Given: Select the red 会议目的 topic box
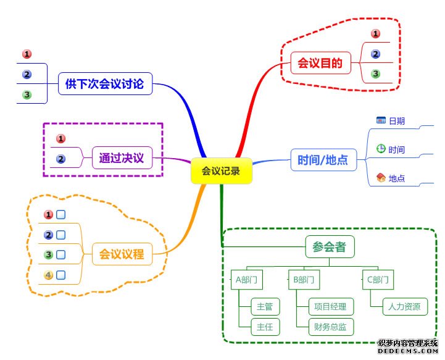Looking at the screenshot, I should coord(320,62).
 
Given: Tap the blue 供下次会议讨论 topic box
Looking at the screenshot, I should coord(104,83).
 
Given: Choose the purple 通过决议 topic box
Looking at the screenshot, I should coord(121,158).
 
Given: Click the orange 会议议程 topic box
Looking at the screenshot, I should coord(122,253).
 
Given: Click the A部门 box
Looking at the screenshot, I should coord(246,280).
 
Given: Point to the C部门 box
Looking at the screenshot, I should coord(378,280).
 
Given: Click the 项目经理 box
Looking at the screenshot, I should coord(330,306).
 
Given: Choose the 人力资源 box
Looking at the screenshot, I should coord(404,306).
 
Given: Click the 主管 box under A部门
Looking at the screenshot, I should coord(265,306).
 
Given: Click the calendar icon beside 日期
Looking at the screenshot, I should coord(381,120).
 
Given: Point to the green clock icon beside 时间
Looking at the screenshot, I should coord(381,149).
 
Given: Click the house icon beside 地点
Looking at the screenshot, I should coord(381,178).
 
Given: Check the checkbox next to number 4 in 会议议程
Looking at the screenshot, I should coord(61,275).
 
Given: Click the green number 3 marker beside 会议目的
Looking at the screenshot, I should coord(375,74).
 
